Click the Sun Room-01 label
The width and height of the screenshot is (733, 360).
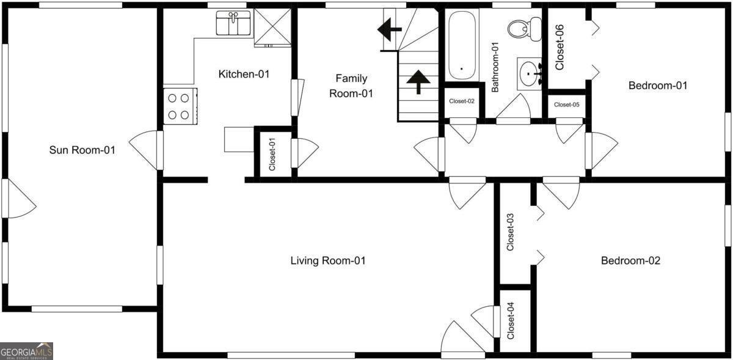pos(82,150)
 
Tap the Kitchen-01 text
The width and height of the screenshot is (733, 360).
pos(244,74)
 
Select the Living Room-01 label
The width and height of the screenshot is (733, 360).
pos(327,261)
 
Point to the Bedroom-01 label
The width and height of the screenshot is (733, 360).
pos(658,86)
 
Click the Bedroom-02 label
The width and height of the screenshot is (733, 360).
pos(630,261)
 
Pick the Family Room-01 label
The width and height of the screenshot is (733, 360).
pos(351,86)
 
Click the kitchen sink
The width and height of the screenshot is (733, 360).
pos(233,24)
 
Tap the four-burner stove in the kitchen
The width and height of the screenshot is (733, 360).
pos(180,106)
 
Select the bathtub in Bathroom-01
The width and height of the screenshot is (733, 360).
pos(461,45)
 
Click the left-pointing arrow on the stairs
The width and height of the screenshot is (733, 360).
pos(388,29)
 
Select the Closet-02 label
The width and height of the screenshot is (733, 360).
pos(462,101)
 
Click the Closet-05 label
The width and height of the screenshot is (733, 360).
pos(566,105)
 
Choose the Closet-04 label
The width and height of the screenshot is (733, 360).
pos(511,321)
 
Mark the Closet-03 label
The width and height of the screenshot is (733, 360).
pos(511,232)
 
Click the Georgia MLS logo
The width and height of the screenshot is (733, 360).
pos(26,351)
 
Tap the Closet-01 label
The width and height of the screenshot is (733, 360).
pos(272,154)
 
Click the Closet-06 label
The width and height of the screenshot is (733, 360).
pos(559,47)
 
